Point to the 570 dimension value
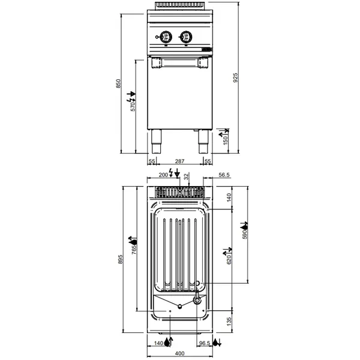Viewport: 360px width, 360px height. point(133,106)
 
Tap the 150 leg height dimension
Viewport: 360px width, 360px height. point(226,140)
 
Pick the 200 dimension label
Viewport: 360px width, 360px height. point(163,175)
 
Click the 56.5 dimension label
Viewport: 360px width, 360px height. point(224,175)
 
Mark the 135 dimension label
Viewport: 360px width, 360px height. point(228,323)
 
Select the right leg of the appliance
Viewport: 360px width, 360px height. point(202,140)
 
